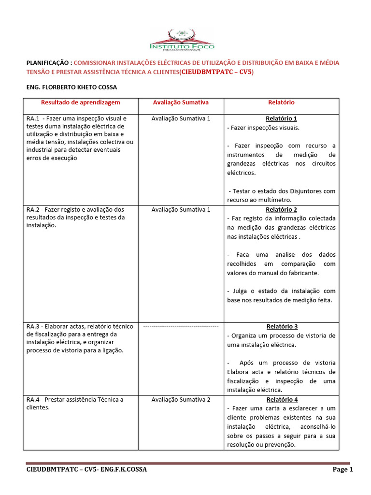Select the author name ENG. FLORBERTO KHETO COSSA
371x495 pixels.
[71, 87]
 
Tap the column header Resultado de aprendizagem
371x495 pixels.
[80, 102]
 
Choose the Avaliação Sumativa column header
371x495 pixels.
[181, 102]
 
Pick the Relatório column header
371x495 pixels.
[281, 102]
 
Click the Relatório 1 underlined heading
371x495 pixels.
[281, 118]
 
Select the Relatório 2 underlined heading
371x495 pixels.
[281, 209]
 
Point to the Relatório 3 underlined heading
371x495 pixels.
[281, 326]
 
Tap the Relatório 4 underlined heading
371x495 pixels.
[281, 400]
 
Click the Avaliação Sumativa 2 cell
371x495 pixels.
[181, 400]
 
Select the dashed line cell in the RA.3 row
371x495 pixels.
[181, 327]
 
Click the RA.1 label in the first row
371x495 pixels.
[32, 118]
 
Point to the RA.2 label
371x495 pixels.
[32, 209]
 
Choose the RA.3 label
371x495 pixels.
[32, 326]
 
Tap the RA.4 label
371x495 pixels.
[32, 400]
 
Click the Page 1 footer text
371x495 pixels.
[342, 469]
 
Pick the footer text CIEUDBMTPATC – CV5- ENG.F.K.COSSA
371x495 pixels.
[86, 469]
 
